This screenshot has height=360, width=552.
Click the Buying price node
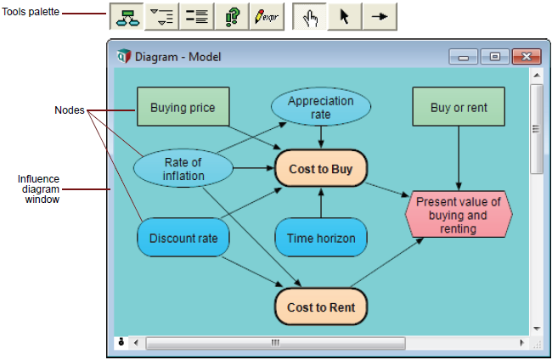click(x=183, y=107)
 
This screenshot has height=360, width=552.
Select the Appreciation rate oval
click(x=321, y=107)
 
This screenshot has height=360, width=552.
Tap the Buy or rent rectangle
click(x=459, y=107)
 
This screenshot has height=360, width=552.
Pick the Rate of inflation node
click(x=183, y=169)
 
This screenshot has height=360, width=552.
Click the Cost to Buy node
click(x=321, y=169)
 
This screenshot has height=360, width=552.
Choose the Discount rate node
click(x=183, y=238)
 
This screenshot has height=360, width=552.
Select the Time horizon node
click(x=321, y=238)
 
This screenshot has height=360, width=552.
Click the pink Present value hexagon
click(x=459, y=214)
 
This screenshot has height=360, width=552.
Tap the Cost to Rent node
click(x=321, y=307)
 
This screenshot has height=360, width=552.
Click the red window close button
click(x=527, y=56)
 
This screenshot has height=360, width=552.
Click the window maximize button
click(x=495, y=56)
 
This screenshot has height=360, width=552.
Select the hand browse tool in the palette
click(x=310, y=16)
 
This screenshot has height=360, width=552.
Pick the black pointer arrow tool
click(x=344, y=16)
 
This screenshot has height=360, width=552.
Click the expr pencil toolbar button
click(x=267, y=16)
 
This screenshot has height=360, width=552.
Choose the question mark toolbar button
click(x=232, y=16)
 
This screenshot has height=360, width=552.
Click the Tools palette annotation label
click(x=31, y=12)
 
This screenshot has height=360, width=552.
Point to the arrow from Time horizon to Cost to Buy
click(x=321, y=203)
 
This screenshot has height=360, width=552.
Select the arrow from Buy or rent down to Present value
click(x=459, y=159)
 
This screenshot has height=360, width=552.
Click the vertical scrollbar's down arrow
click(x=537, y=329)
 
